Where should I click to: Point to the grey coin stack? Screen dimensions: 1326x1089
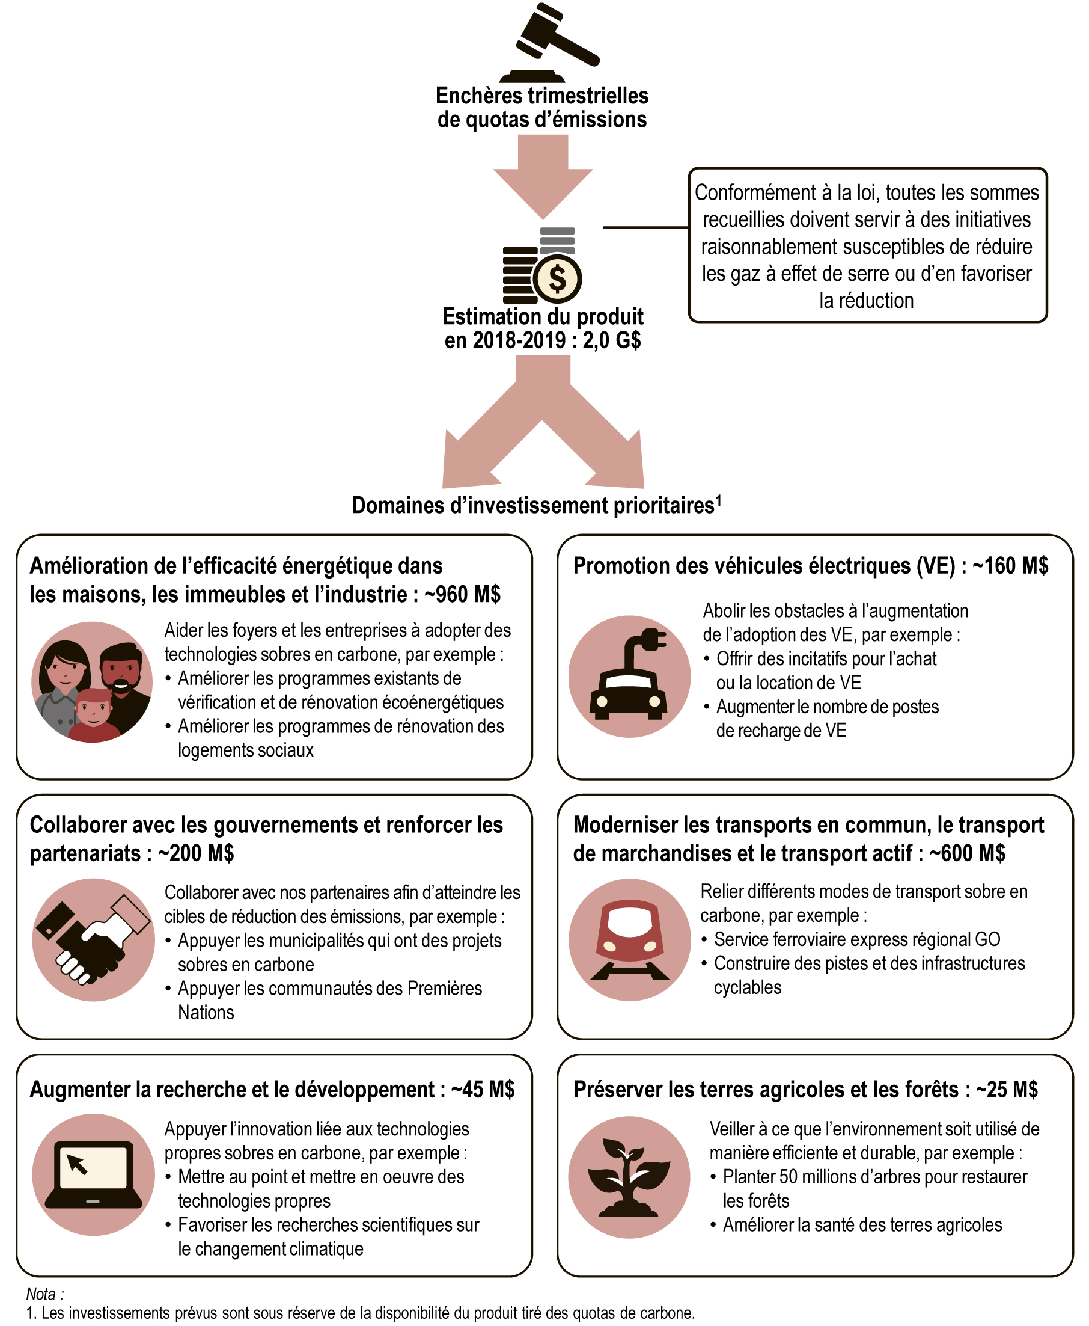pyautogui.click(x=557, y=241)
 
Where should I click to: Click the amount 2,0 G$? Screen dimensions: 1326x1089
pyautogui.click(x=611, y=341)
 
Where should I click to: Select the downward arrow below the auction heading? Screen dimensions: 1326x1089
pyautogui.click(x=543, y=176)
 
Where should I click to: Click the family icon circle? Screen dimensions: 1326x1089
pyautogui.click(x=92, y=682)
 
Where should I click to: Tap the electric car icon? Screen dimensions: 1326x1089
pyautogui.click(x=629, y=677)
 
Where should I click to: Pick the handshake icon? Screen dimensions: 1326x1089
pyautogui.click(x=93, y=939)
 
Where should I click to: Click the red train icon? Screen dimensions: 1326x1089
pyautogui.click(x=629, y=939)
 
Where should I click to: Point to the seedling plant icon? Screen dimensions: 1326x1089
pyautogui.click(x=629, y=1177)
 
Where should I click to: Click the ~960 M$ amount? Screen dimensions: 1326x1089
pyautogui.click(x=462, y=594)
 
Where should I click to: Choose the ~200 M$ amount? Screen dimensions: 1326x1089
pyautogui.click(x=196, y=853)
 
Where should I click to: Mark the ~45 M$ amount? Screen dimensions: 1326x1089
pyautogui.click(x=483, y=1090)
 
